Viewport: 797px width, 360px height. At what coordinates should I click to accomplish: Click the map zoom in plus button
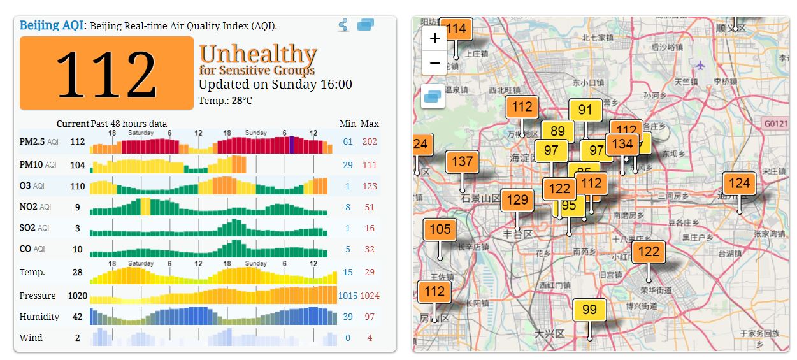[435, 38]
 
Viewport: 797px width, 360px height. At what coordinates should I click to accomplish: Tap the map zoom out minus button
[435, 63]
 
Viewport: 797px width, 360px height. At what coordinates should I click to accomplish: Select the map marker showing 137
[463, 162]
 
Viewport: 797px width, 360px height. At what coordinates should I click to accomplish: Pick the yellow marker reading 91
[585, 110]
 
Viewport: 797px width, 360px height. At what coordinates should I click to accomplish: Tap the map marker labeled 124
[739, 184]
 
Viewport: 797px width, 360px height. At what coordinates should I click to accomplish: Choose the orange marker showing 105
[440, 229]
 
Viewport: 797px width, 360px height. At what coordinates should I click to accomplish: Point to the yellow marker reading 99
[589, 310]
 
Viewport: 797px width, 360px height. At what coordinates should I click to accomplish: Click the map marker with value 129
[517, 200]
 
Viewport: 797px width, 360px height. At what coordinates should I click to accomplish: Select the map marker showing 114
[456, 29]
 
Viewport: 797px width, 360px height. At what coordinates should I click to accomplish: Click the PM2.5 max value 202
[370, 141]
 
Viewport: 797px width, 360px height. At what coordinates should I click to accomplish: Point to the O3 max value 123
[370, 186]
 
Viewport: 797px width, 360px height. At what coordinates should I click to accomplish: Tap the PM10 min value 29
[348, 165]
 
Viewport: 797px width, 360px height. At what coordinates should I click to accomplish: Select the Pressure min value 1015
[348, 296]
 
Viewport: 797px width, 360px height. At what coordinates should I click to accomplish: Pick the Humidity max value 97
[370, 317]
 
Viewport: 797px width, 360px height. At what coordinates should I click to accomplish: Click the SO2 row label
[27, 228]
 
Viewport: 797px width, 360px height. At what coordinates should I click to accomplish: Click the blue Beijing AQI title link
[52, 25]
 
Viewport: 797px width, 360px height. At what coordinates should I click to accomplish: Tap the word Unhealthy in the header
[258, 55]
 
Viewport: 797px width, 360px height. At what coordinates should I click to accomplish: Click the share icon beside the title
[344, 25]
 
